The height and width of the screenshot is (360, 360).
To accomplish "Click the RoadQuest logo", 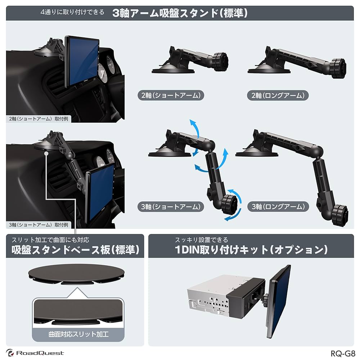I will click(x=35, y=353).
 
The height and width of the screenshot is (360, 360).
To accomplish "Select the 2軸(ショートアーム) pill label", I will click(x=171, y=95).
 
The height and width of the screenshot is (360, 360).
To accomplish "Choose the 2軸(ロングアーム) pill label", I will click(x=278, y=95).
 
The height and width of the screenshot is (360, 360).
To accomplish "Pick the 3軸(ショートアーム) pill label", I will click(x=171, y=207).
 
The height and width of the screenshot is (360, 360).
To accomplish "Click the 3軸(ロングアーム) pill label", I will click(x=278, y=207).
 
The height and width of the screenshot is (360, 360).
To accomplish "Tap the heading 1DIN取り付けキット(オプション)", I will click(x=251, y=249).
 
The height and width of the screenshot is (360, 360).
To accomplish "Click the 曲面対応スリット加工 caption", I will click(x=78, y=334).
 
